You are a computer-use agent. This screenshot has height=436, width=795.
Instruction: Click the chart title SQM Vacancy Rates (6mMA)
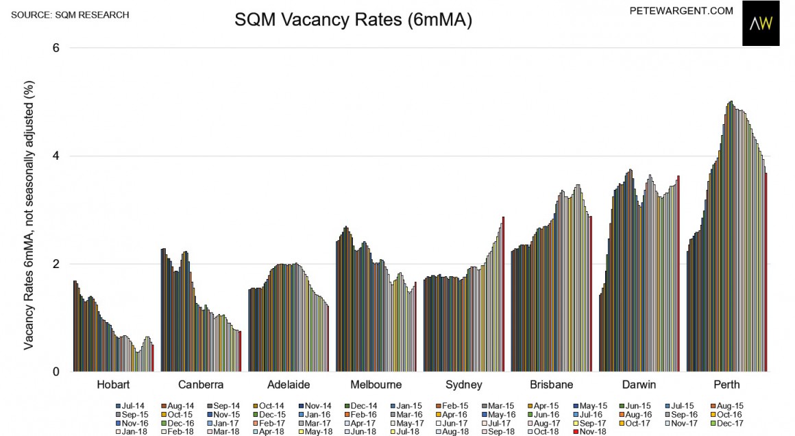tap(354, 21)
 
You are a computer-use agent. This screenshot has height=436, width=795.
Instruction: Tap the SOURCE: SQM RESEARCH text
tap(70, 14)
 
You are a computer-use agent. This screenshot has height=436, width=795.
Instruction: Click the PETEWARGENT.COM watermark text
tap(681, 11)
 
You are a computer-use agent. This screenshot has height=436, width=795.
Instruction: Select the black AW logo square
tap(761, 23)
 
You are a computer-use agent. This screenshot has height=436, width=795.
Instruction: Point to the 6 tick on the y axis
tap(56, 48)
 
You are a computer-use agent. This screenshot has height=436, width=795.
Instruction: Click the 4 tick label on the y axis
tap(56, 156)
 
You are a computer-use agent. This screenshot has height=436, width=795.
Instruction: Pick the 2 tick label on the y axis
tap(56, 264)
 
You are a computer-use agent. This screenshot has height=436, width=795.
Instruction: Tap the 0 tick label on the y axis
tap(56, 372)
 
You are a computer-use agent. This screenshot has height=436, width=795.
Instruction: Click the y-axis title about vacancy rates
tap(29, 214)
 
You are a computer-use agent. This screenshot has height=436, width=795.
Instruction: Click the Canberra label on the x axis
tap(200, 385)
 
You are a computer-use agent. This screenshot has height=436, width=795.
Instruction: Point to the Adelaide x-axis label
tap(289, 385)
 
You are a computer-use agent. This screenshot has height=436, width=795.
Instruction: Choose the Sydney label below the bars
tap(463, 385)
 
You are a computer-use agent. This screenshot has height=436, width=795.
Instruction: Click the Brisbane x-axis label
tap(551, 385)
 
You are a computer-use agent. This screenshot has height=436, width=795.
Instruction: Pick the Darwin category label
tap(639, 385)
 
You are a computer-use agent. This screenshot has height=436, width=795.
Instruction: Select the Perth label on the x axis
tap(726, 385)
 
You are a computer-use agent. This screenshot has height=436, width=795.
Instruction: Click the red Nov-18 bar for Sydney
tap(503, 294)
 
